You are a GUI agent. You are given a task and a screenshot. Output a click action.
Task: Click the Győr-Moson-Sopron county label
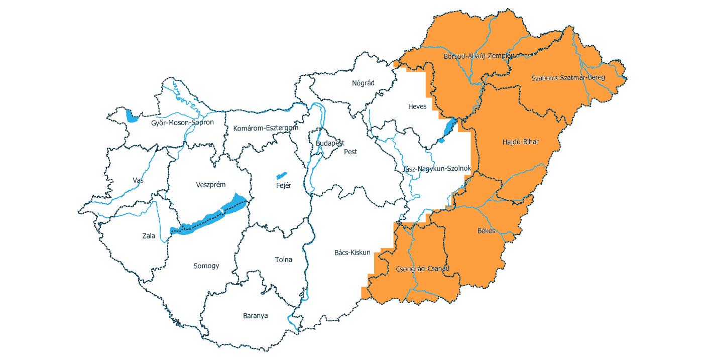coord(182,123)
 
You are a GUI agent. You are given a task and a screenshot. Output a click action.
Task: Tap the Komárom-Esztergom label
coord(266,128)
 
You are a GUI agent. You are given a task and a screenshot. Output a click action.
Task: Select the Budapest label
coord(330,143)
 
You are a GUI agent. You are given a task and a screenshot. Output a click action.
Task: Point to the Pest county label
coord(350,152)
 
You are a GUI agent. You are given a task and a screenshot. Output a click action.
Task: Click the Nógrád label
coord(363,83)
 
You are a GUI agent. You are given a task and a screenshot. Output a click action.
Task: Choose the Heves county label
coord(417,106)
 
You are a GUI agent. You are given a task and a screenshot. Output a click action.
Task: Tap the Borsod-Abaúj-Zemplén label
coord(479,56)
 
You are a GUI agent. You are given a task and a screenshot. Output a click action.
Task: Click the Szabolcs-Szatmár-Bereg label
coord(568,77)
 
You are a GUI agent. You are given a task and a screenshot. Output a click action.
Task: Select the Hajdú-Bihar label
coord(520,142)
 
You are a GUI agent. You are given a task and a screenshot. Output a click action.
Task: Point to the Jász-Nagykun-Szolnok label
coord(436,169)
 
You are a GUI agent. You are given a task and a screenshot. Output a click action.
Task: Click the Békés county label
coord(486,231)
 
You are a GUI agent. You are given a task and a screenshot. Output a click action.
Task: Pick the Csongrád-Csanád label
coord(423,269)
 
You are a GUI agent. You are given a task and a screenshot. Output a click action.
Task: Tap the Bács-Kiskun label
coord(352,252)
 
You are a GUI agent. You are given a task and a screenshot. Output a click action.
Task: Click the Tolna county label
coord(283,260)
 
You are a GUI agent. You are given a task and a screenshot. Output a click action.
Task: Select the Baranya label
coord(255,316)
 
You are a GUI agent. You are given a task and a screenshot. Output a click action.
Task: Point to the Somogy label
coord(206,266)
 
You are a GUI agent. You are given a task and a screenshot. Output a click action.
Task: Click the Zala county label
coord(149,235)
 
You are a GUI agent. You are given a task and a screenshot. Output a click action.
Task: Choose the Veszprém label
coord(210,185)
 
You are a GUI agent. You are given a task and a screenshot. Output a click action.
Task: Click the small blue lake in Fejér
coord(281,176)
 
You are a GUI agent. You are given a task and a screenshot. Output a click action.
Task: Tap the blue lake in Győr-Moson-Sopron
coord(132,117)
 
